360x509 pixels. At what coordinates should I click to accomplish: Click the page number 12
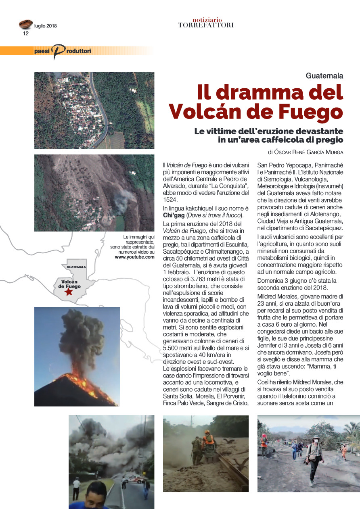coord(26,33)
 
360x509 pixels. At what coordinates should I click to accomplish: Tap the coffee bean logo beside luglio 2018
coord(25,25)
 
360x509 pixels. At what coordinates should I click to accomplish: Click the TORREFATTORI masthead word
coord(206,25)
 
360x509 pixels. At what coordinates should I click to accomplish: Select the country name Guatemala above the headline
coord(324,75)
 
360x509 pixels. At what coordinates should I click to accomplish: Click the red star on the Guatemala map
coord(69,292)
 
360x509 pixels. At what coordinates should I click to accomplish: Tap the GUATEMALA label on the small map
coord(76,267)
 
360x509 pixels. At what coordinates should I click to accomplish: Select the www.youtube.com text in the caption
coord(134,257)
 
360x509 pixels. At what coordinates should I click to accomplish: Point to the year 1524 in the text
coord(169,199)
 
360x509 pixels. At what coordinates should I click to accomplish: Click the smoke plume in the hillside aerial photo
coord(123,200)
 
